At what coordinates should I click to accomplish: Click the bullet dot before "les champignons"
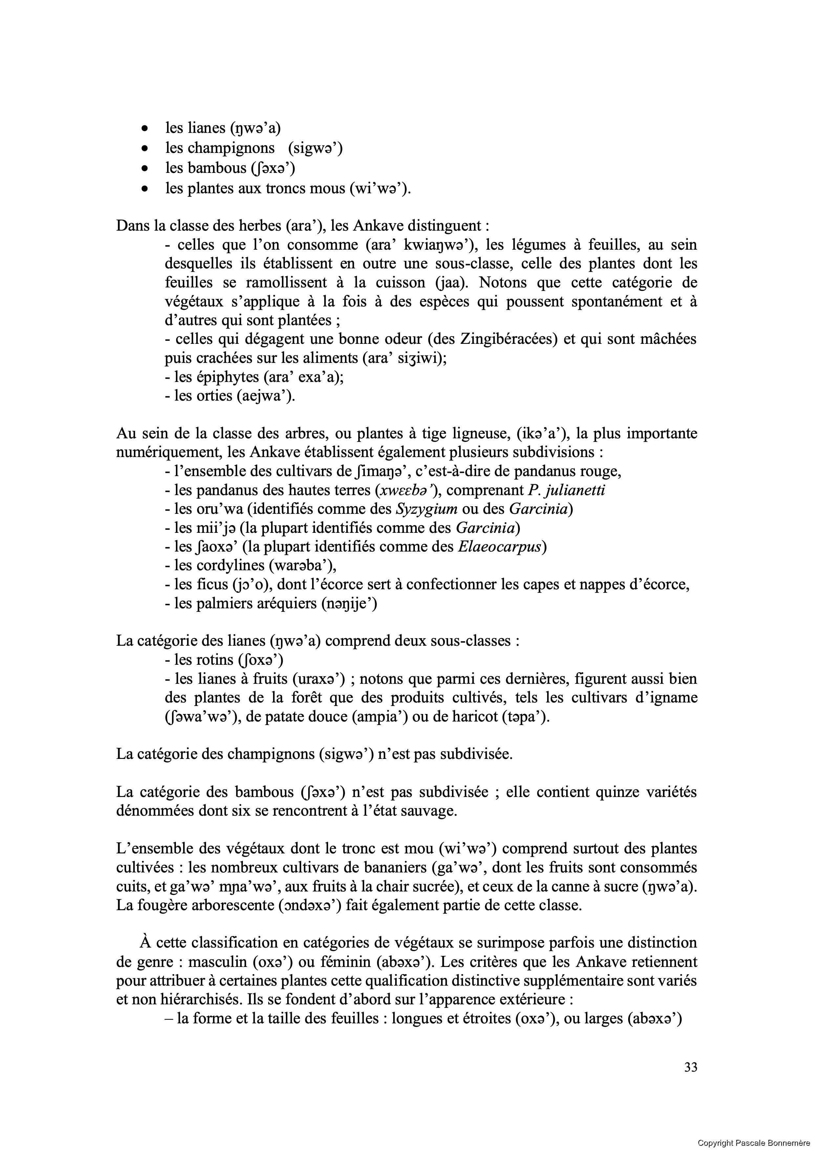pos(145,149)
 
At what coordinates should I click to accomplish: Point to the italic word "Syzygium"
pos(427,509)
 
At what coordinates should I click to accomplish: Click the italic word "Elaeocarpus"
pos(500,546)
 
